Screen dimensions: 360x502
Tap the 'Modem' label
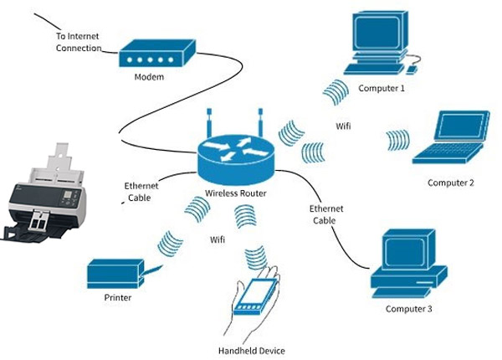pos(149,78)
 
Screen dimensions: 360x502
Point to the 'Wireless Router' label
pos(237,194)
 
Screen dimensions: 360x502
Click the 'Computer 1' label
pos(382,87)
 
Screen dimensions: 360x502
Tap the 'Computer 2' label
pos(451,183)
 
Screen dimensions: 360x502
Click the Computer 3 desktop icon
pos(409,261)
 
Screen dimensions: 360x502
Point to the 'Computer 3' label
pos(409,309)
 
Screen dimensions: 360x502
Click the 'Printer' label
pos(118,297)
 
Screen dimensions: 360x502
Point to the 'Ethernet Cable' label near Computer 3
pos(326,213)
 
